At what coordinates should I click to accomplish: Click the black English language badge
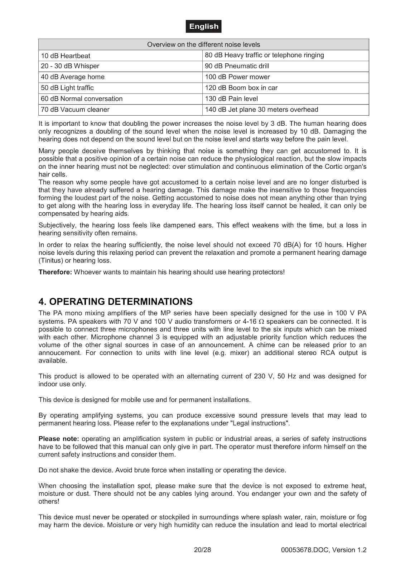coord(203,27)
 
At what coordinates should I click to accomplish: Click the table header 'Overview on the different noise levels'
coord(203,45)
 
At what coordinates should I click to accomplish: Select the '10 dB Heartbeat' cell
coord(66,56)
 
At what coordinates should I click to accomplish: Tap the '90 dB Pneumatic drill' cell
coord(237,66)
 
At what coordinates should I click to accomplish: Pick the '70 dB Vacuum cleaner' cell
coord(75,110)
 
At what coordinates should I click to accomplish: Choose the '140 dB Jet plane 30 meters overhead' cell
coord(261,110)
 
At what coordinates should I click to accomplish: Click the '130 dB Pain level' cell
coord(231,99)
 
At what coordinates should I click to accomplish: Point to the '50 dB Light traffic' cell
coord(67,88)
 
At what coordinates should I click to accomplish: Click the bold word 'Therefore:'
coord(55,272)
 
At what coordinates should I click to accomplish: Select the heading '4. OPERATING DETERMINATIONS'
coord(115,302)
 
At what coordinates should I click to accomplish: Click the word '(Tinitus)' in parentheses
coord(50,261)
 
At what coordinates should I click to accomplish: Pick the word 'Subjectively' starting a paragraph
coord(57,226)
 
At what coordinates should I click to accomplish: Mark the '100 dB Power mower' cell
coord(237,77)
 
